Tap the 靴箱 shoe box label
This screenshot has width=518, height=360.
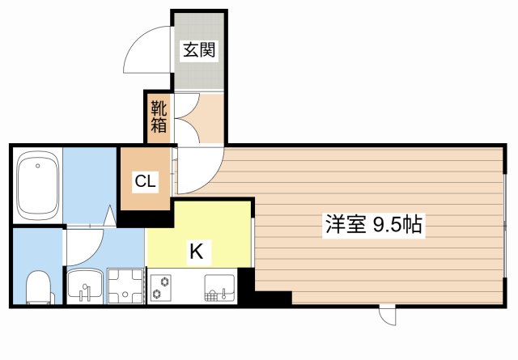(x=158, y=118)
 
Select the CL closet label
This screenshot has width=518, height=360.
(x=146, y=180)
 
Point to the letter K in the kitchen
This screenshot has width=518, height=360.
(x=196, y=252)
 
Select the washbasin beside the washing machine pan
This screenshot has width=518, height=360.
(x=85, y=285)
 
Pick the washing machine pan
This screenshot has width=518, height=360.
(x=124, y=285)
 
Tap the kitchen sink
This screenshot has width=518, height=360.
(x=219, y=286)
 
